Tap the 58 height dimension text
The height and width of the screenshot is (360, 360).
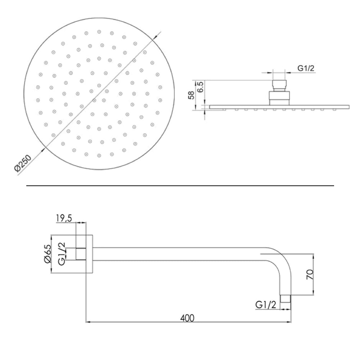(192, 95)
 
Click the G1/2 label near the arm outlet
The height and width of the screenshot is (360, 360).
(266, 305)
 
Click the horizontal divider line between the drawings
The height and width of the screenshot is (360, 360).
(180, 186)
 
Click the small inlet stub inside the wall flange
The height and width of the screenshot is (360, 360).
(81, 254)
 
